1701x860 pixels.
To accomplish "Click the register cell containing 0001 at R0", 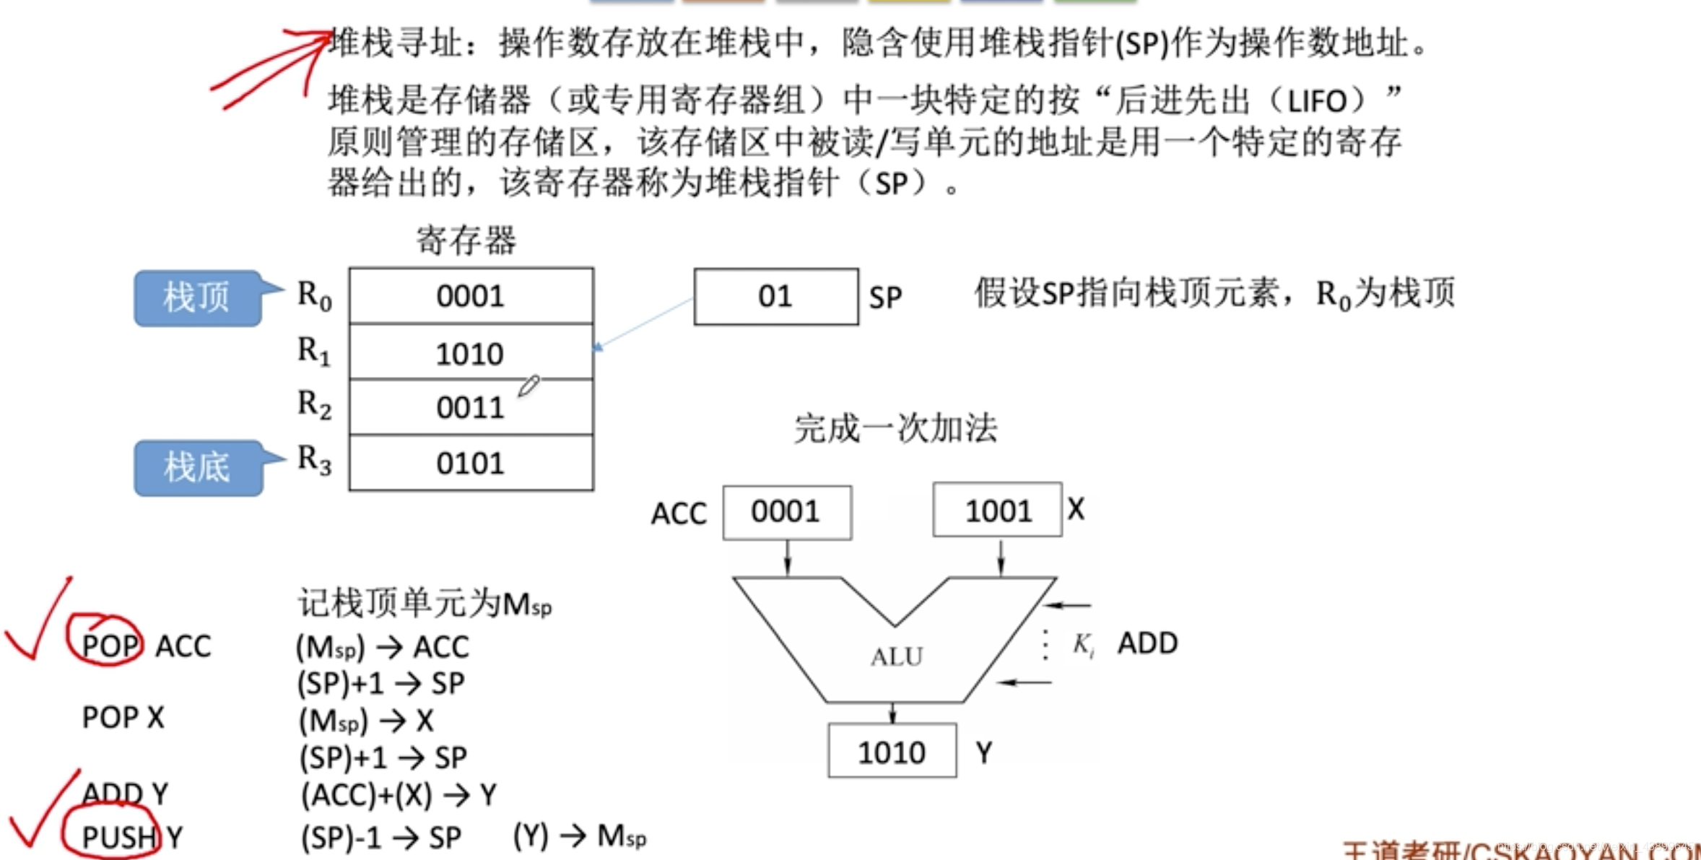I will point(471,296).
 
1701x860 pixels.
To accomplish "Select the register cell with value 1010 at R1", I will point(471,353).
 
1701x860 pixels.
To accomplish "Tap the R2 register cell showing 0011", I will point(471,408).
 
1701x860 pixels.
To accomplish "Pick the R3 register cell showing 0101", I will point(471,464).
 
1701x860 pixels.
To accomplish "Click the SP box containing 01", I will point(776,297).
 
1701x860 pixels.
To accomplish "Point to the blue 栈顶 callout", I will point(197,297).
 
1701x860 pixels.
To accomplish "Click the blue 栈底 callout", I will point(197,467).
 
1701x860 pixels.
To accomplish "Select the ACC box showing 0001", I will point(787,512).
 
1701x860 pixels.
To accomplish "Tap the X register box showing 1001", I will point(998,511).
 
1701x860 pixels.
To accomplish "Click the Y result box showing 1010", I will point(892,752).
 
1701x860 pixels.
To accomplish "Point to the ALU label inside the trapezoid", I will point(897,656).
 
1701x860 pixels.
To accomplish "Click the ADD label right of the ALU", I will point(1147,643).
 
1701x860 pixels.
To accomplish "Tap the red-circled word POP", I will point(110,645).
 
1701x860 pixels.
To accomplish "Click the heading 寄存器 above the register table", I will point(466,240).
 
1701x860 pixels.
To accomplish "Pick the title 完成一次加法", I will point(896,428).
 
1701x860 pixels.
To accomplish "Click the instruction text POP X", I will point(123,718).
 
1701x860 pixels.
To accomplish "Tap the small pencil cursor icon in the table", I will point(528,386).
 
